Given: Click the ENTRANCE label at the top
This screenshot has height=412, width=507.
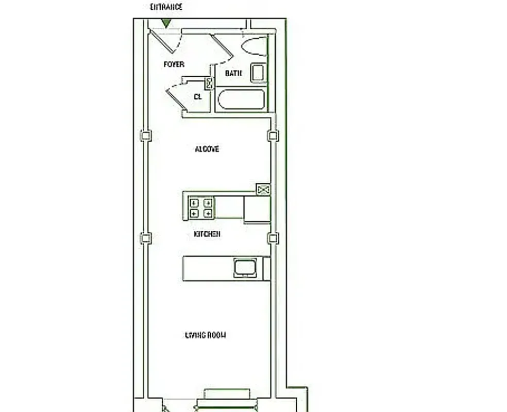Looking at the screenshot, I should pos(166,7).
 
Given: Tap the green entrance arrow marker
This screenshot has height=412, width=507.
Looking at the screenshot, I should pos(166,23).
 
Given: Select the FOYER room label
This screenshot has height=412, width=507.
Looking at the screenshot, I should pos(174,64).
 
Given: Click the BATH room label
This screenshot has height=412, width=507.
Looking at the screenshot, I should pos(233,73).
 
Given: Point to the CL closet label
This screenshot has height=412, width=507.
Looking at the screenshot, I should pos(197,96).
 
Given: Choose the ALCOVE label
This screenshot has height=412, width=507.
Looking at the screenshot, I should pos(207,149).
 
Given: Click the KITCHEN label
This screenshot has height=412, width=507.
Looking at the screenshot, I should pos(207,234).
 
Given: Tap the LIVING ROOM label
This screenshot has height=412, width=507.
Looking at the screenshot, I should pos(206,335).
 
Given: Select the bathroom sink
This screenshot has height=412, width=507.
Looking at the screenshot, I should pos(258,73).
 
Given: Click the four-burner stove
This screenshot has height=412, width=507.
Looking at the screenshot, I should pos(201,208).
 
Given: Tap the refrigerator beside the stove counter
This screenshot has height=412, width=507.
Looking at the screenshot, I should pos(257,209).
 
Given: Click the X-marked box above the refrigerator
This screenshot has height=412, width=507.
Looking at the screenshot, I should pos(263,190).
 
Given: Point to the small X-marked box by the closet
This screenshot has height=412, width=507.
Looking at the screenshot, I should pos(210,83).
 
